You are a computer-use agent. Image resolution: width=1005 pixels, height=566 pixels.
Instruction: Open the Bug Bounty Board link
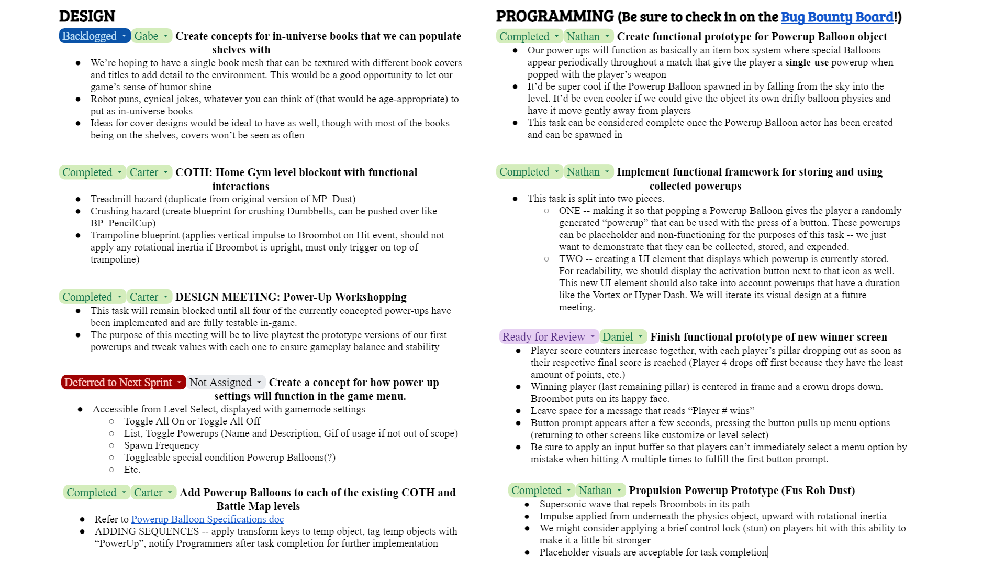(x=837, y=17)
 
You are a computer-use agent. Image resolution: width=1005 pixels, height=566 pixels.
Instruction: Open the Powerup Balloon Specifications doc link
(x=207, y=519)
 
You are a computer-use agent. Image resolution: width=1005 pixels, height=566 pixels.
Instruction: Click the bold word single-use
(x=807, y=62)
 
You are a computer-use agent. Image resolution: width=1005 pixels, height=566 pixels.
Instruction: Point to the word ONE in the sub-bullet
(x=569, y=211)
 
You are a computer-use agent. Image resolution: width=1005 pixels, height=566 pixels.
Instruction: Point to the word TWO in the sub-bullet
(x=571, y=259)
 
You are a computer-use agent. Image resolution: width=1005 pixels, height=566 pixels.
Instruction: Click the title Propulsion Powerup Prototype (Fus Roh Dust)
(x=741, y=491)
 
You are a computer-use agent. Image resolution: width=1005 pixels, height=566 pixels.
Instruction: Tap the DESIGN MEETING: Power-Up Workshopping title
(x=291, y=297)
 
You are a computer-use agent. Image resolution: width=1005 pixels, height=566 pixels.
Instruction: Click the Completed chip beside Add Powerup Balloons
(x=92, y=493)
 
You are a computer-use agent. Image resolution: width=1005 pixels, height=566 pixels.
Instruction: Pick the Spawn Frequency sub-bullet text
(x=161, y=445)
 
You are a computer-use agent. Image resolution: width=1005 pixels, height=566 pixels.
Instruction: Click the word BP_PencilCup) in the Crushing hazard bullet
(x=123, y=223)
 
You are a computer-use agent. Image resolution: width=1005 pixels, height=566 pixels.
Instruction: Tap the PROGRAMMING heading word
(x=554, y=17)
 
